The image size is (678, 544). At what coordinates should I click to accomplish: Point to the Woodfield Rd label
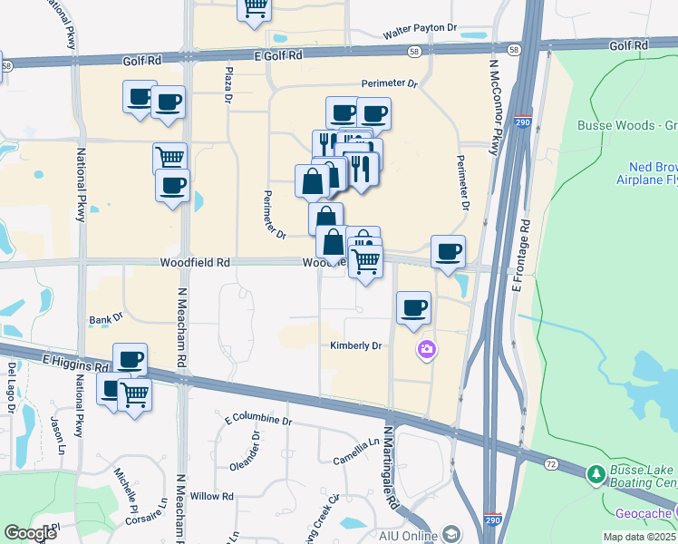195,262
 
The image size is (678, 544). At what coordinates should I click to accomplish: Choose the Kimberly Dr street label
355,345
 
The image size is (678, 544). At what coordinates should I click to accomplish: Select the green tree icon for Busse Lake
596,473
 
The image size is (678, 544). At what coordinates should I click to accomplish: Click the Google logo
31,533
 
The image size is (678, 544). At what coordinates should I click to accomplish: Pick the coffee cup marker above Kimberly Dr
413,308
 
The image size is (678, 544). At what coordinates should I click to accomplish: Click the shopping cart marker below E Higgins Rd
134,394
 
